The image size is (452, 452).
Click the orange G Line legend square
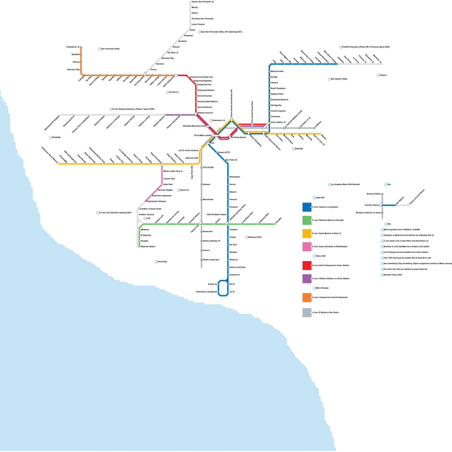pyautogui.click(x=307, y=297)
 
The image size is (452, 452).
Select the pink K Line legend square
pyautogui.click(x=307, y=247)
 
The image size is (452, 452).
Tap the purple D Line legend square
pyautogui.click(x=307, y=279)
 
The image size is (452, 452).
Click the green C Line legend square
pyautogui.click(x=307, y=220)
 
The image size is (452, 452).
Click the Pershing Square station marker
pyautogui.click(x=230, y=137)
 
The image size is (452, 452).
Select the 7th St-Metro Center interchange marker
pyautogui.click(x=216, y=136)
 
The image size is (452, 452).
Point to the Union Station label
pyautogui.click(x=277, y=122)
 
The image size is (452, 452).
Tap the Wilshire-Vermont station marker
pyautogui.click(x=196, y=114)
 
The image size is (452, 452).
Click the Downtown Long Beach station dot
pyautogui.click(x=218, y=292)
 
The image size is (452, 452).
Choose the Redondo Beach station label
pyautogui.click(x=148, y=247)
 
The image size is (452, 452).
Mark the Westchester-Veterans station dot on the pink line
pyautogui.click(x=145, y=201)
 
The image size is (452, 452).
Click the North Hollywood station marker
pyautogui.click(x=176, y=75)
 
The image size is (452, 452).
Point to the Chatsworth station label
pyautogui.click(x=71, y=47)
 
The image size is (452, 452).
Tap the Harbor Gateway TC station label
pyautogui.click(x=211, y=241)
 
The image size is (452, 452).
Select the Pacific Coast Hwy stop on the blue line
pyautogui.click(x=228, y=267)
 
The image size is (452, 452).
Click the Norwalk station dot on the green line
pyautogui.click(x=275, y=224)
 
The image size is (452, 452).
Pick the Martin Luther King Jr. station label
pyautogui.click(x=173, y=171)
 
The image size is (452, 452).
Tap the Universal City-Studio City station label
pyautogui.click(x=201, y=77)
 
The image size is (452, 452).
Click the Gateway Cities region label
pyautogui.click(x=255, y=237)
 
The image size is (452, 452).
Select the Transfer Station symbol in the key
pyautogui.click(x=381, y=205)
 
